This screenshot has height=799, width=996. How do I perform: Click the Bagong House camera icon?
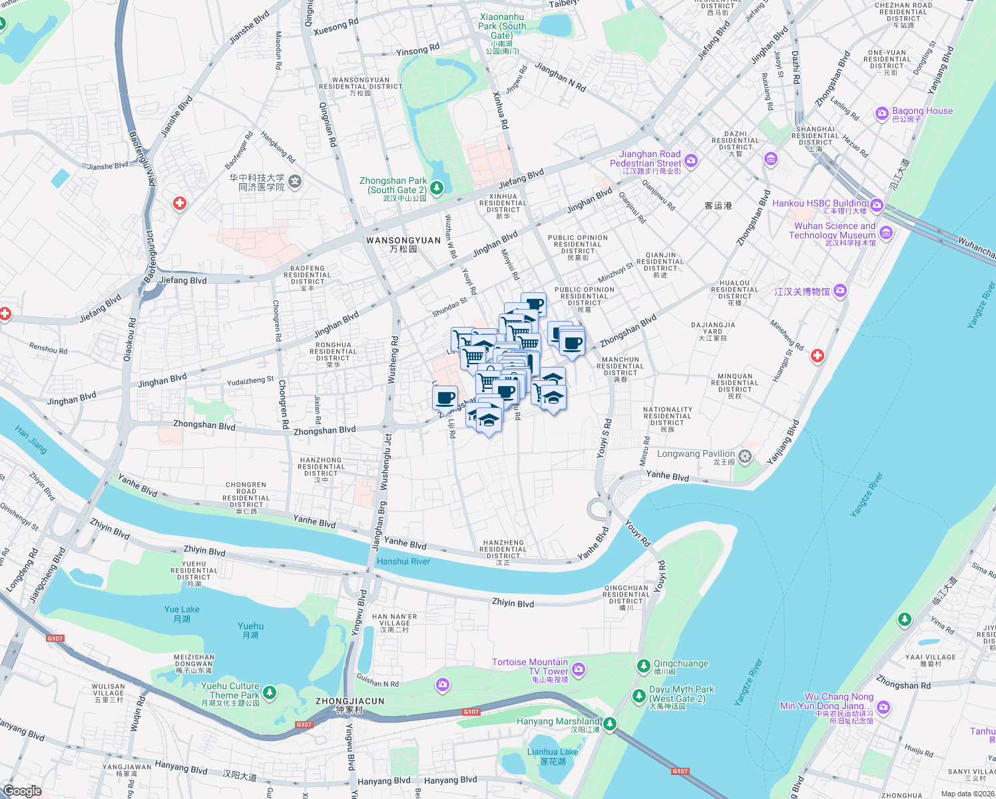tap(882, 115)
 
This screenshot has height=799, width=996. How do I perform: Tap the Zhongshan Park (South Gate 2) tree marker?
tap(437, 188)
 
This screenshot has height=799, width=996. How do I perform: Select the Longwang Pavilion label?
tap(696, 454)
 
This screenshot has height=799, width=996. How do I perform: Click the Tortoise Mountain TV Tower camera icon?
tap(579, 669)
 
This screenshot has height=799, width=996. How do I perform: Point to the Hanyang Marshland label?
tap(558, 721)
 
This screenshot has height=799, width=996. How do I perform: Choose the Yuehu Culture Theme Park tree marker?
tap(270, 693)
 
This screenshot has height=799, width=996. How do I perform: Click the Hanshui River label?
tap(403, 561)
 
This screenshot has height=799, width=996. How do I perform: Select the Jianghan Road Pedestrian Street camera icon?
tap(691, 160)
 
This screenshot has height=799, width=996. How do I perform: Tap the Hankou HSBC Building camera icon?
tap(877, 205)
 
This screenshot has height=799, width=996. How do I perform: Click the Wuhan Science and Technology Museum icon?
tap(886, 233)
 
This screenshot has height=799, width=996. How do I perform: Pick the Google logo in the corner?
tap(22, 790)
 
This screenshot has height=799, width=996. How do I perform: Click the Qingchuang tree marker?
tap(643, 665)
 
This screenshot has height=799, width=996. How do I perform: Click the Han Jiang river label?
tap(31, 441)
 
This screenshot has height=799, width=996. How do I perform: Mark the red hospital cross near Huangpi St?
tap(818, 356)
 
